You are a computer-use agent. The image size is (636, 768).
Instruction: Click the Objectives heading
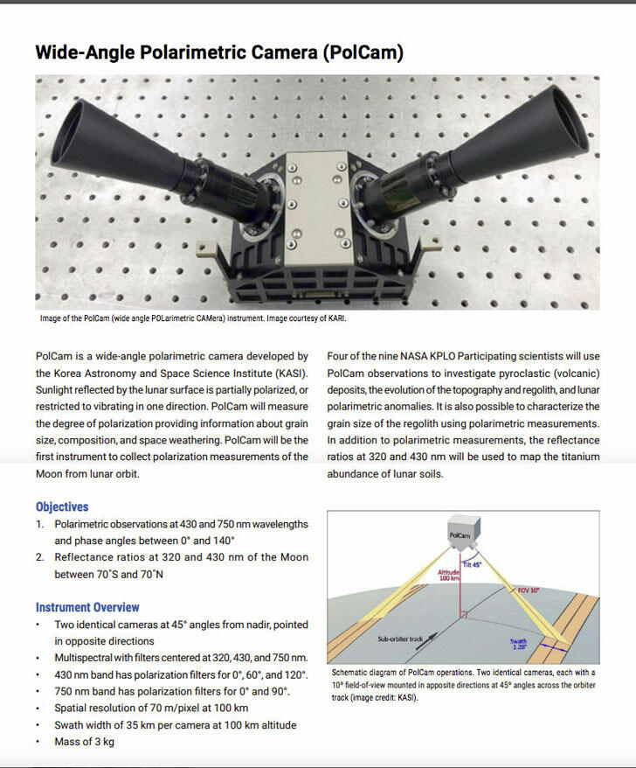(x=62, y=506)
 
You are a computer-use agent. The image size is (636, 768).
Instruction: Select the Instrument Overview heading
(x=87, y=607)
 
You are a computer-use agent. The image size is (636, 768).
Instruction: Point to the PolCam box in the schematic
(x=460, y=534)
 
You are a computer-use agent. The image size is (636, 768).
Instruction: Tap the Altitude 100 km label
(x=447, y=574)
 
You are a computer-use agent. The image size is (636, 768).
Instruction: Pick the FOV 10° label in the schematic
(x=529, y=590)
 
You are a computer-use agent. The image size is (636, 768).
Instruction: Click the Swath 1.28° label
(x=519, y=644)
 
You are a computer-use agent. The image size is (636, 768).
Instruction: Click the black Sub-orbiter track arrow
(x=437, y=639)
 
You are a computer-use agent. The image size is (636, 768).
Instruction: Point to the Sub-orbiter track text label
(x=399, y=639)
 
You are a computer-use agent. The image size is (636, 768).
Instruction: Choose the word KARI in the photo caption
(x=334, y=319)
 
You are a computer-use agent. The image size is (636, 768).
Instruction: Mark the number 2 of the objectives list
(x=39, y=557)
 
